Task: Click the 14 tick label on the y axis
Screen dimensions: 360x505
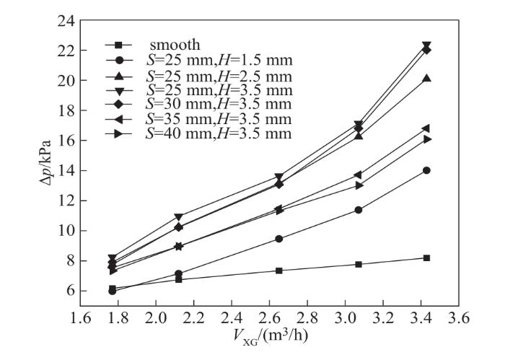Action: click(67, 171)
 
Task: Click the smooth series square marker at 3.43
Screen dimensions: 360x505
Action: click(427, 258)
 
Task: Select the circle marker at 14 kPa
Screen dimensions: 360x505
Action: click(427, 170)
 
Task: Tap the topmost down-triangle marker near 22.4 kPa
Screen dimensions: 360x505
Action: click(427, 45)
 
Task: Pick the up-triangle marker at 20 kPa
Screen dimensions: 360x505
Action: click(427, 78)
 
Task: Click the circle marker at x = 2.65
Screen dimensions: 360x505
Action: click(279, 239)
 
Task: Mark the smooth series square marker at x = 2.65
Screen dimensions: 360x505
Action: click(279, 271)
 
